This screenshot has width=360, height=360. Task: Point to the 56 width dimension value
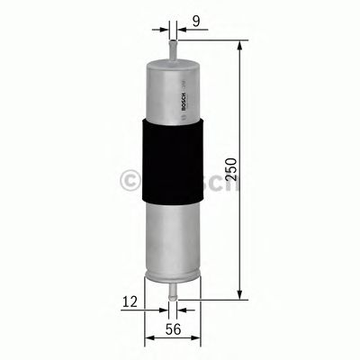click(x=172, y=330)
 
